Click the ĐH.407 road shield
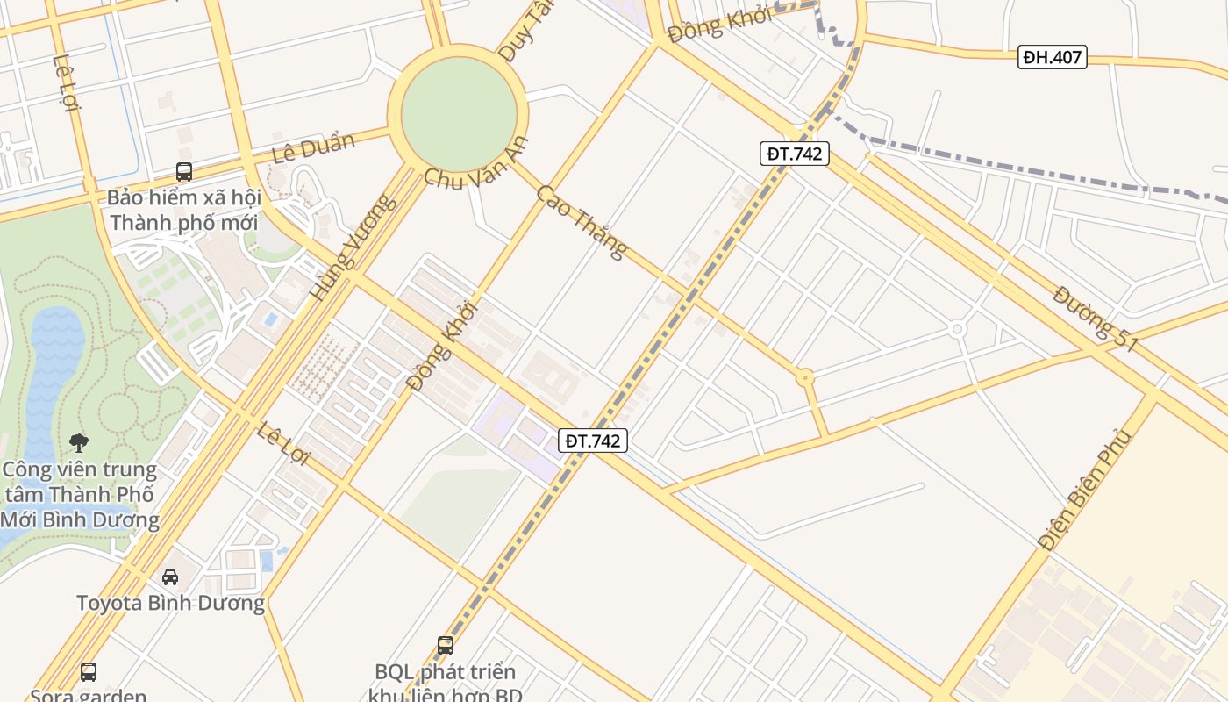[1053, 58]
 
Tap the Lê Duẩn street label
[313, 147]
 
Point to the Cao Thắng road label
[582, 221]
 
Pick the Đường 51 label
[1096, 319]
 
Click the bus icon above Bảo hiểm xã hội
[184, 172]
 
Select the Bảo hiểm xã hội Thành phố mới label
[184, 210]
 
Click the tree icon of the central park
[79, 442]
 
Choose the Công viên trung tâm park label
[79, 495]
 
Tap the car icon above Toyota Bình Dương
[170, 577]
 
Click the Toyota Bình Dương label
[170, 604]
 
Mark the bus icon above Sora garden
[89, 672]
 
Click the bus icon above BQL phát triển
[446, 646]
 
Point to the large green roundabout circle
[459, 112]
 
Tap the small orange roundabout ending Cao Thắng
[804, 378]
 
